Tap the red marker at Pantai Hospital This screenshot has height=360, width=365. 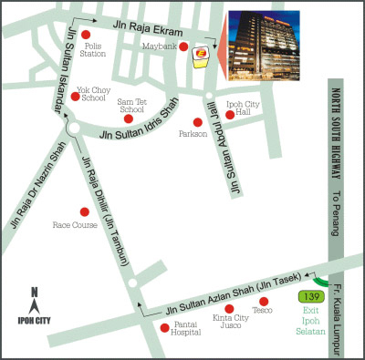[163, 327]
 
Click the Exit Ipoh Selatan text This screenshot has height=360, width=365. [312, 323]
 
